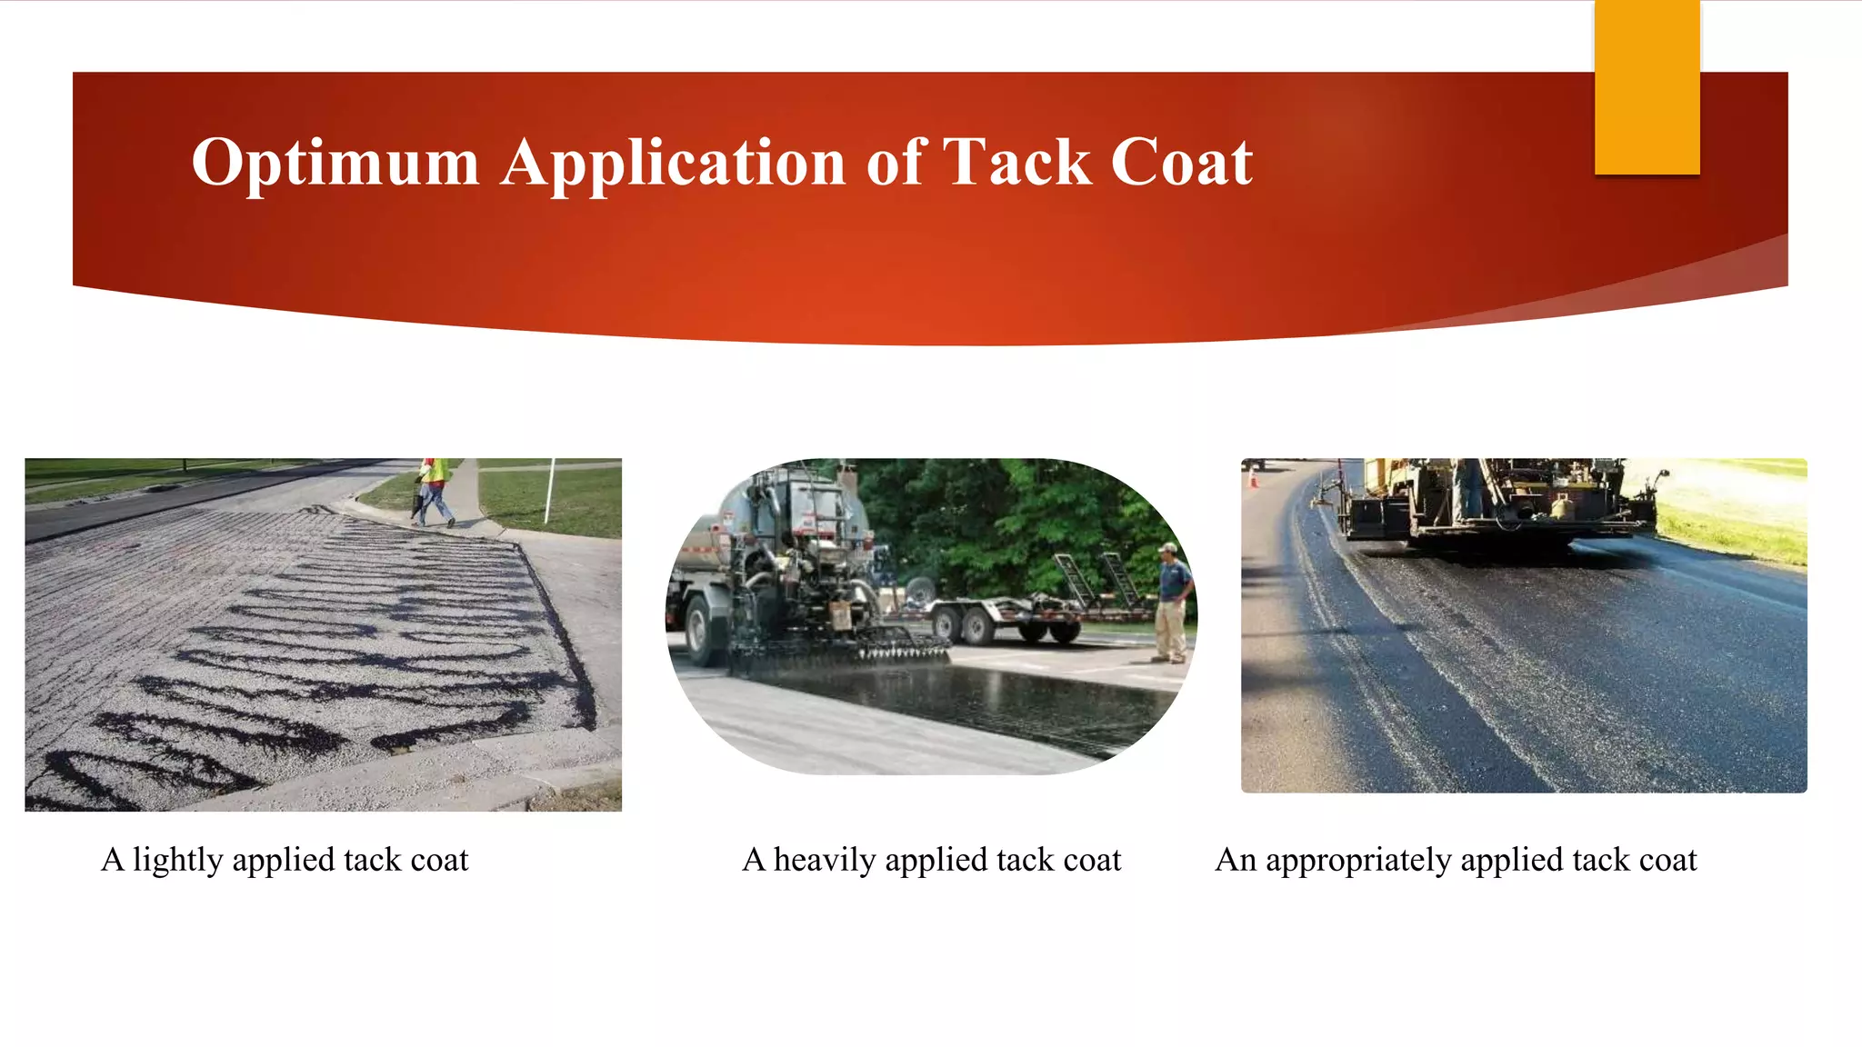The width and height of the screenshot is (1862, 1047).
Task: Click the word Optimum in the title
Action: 335,164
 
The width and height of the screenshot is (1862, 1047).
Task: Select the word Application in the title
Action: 674,164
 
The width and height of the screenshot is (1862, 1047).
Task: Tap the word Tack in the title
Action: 1016,164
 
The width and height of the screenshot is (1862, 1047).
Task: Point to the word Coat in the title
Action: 1181,164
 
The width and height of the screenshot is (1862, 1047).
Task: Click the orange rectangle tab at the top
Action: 1647,87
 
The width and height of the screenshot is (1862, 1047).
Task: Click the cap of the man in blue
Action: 1167,548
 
